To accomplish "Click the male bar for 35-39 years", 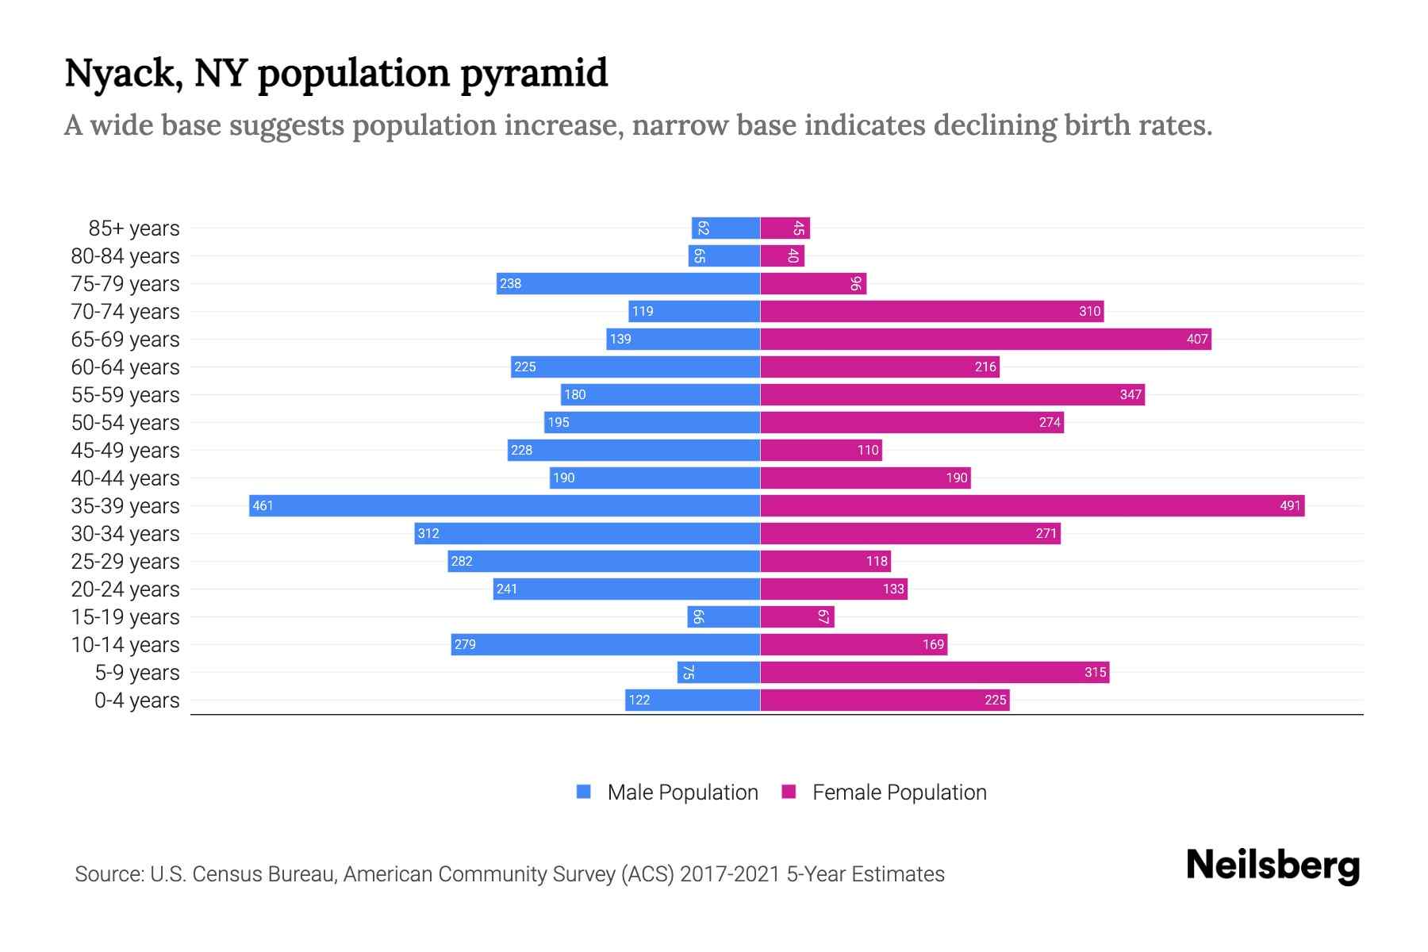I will (505, 505).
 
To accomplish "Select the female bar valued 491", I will (1031, 505).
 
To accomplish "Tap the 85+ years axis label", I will (133, 228).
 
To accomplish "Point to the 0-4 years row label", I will (136, 701).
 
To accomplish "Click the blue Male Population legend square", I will (584, 792).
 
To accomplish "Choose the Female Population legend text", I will (899, 793).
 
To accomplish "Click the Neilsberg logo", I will (1273, 866).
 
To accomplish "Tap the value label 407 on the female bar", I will (1197, 340).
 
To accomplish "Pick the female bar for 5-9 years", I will (935, 672).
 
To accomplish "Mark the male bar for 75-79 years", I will (628, 283).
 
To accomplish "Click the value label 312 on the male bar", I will (428, 533).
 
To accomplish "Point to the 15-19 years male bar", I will (724, 616).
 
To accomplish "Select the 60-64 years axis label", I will (125, 367).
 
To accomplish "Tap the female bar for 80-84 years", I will (782, 255).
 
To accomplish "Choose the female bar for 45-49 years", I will (821, 450).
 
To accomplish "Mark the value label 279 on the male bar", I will (465, 644).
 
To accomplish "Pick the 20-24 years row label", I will (125, 589).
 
